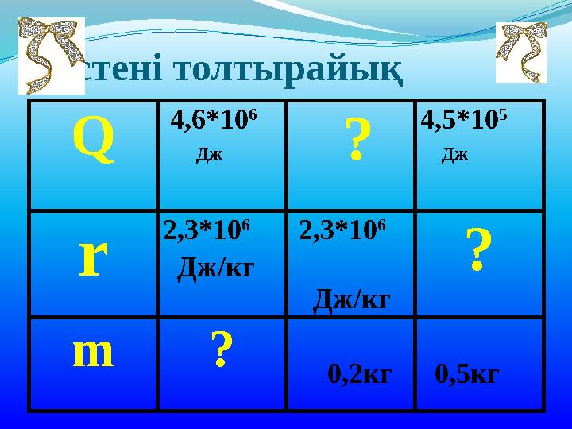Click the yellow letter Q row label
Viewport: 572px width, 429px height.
pyautogui.click(x=93, y=137)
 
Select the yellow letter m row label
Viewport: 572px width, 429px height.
pyautogui.click(x=93, y=354)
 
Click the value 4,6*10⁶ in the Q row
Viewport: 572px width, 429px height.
pyautogui.click(x=214, y=121)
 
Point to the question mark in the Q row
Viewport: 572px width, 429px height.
pyautogui.click(x=358, y=141)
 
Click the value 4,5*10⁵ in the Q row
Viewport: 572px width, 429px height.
pyautogui.click(x=464, y=121)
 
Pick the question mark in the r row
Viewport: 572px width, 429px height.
pyautogui.click(x=476, y=250)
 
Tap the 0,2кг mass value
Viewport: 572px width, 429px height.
pyautogui.click(x=360, y=373)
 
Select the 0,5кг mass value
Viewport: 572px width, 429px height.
pyautogui.click(x=467, y=373)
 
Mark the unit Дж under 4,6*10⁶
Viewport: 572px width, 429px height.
pyautogui.click(x=209, y=153)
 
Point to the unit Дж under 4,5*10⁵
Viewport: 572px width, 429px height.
pyautogui.click(x=454, y=153)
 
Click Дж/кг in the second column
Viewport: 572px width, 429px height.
pyautogui.click(x=215, y=268)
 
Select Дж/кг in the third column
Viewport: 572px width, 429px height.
pyautogui.click(x=352, y=299)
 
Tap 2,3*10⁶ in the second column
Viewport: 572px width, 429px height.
pyautogui.click(x=207, y=230)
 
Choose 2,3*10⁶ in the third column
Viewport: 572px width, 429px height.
pyautogui.click(x=343, y=230)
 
